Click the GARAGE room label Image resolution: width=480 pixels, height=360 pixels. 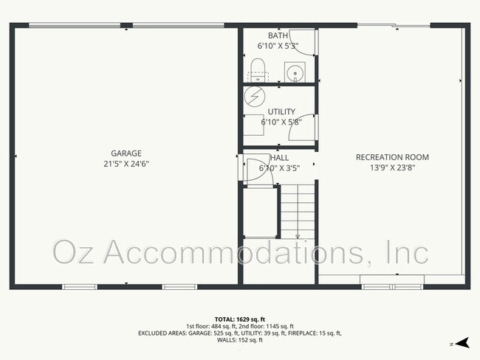126,153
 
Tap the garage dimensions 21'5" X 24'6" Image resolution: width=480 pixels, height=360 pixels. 126,164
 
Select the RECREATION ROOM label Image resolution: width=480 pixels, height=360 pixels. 392,157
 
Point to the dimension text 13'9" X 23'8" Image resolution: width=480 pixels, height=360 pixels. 392,167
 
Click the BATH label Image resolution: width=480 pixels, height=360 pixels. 278,35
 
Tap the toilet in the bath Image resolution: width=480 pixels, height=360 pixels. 257,72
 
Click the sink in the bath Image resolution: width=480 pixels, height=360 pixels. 295,72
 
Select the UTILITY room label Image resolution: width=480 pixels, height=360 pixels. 281,111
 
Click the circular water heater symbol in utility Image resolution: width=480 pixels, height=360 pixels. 254,96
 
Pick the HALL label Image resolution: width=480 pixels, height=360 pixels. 280,158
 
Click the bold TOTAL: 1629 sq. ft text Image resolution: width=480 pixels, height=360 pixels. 240,319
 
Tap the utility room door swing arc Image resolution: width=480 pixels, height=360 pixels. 309,125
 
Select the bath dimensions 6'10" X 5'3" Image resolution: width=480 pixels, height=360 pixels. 278,46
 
